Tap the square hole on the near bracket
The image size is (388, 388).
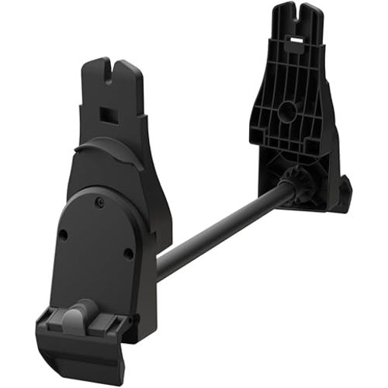point(106,115)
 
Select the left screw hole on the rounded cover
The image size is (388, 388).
point(64,233)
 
